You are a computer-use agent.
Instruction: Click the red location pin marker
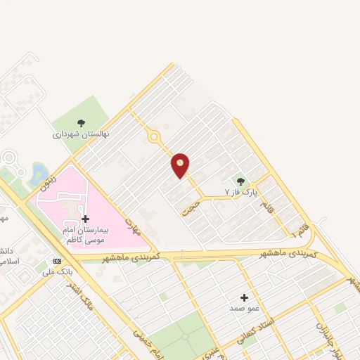181,165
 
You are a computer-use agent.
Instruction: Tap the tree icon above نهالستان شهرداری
82,123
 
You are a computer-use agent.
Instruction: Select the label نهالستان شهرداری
82,134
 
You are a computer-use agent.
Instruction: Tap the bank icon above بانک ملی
57,260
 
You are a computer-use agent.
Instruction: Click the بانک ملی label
57,271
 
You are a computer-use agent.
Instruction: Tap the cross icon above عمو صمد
244,297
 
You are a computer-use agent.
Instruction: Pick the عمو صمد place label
244,308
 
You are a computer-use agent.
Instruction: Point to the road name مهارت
133,226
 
